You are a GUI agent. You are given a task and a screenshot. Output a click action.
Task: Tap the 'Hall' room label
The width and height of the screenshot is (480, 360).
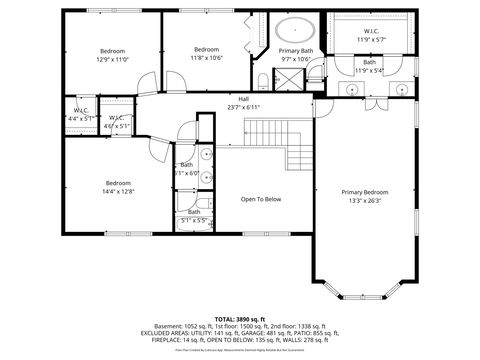(x=243, y=99)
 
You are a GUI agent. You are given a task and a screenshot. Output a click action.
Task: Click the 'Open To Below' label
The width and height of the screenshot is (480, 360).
(x=261, y=199)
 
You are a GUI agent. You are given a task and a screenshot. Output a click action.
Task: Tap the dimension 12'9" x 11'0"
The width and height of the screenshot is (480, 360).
(x=113, y=59)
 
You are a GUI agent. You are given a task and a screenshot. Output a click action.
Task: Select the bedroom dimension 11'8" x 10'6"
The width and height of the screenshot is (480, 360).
(x=207, y=58)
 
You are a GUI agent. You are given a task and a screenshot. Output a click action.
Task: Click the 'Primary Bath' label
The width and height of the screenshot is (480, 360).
(x=295, y=51)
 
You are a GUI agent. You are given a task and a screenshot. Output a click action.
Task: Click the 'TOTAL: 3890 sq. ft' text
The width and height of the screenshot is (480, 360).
(x=241, y=317)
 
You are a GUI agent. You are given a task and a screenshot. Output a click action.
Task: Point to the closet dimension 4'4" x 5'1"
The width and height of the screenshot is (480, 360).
(x=81, y=118)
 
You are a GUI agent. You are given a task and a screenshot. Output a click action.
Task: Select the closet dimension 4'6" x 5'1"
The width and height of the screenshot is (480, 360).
(x=117, y=126)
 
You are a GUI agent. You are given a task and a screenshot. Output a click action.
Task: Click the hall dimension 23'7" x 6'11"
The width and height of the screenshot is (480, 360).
(x=243, y=107)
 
